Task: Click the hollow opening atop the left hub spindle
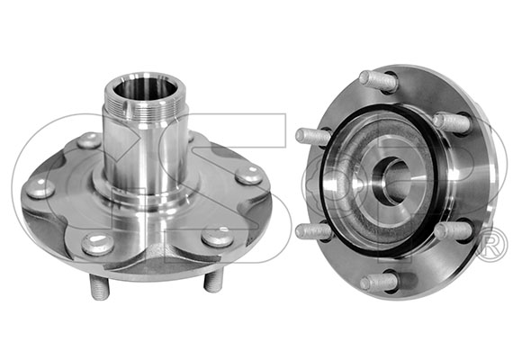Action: [x=145, y=89]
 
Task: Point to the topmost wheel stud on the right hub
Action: [x=378, y=81]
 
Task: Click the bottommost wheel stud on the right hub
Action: [x=378, y=282]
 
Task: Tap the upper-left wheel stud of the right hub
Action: [x=312, y=136]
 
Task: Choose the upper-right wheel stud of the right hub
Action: [x=452, y=121]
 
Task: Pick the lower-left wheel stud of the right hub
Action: [x=313, y=231]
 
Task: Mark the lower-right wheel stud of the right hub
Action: [x=453, y=230]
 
